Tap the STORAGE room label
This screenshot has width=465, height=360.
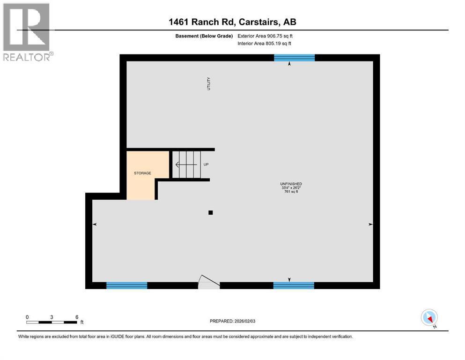point(142,173)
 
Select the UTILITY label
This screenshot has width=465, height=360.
point(209,83)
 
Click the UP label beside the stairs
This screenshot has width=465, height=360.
point(206,165)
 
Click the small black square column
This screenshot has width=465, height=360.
point(211,212)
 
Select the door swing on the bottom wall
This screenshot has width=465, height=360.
point(208,282)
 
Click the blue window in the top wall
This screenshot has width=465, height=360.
point(294,58)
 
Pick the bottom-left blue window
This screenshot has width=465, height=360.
point(127,285)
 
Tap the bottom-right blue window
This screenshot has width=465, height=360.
point(294,285)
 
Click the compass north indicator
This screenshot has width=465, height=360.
point(429,318)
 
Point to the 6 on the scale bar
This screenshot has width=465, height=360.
point(77,317)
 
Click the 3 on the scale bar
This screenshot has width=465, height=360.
point(52,317)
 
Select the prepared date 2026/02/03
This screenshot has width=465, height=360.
point(232,321)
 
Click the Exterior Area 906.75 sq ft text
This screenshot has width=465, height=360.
point(265,36)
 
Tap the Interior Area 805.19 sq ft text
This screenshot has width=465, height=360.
point(264,44)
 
